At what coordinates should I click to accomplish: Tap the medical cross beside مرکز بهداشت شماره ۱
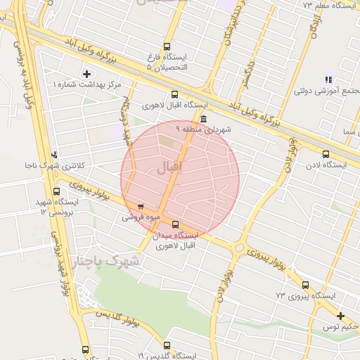click(86, 74)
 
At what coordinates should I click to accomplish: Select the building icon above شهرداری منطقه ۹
click(203, 119)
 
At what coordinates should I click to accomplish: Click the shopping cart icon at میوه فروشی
click(141, 207)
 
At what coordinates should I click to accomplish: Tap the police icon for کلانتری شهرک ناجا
click(55, 154)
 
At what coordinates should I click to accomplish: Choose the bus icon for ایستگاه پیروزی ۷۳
click(305, 285)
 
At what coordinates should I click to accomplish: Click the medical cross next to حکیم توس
click(341, 316)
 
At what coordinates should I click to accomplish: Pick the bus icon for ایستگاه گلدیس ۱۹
click(167, 345)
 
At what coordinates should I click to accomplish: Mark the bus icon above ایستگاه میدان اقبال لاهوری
click(175, 224)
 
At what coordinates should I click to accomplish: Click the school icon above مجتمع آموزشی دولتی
click(328, 79)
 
